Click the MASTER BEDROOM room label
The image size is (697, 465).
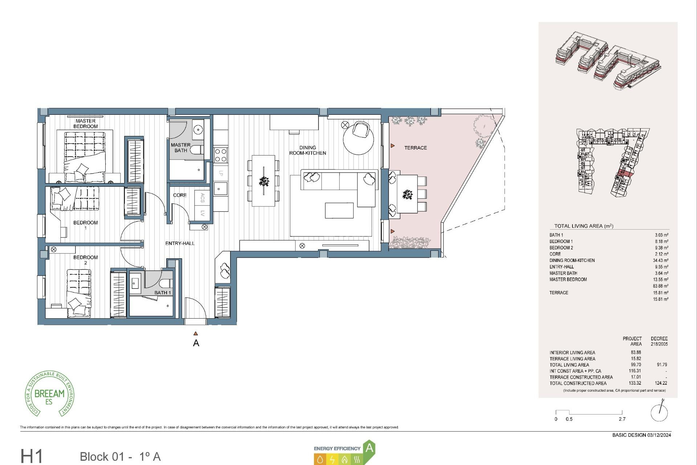click(85, 124)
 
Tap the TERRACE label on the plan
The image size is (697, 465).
click(415, 148)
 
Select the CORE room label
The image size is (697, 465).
click(180, 195)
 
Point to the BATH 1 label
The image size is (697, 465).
click(162, 292)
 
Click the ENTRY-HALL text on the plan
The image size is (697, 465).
click(180, 243)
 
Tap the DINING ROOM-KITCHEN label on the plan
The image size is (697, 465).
click(307, 150)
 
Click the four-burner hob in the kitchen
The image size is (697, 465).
click(221, 155)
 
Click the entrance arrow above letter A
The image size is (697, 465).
click(196, 333)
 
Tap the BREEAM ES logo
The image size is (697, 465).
click(49, 394)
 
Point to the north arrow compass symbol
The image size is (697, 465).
click(659, 412)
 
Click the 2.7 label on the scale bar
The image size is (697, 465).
click(622, 419)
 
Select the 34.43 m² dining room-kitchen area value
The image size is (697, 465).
click(660, 260)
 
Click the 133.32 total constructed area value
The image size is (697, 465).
click(635, 383)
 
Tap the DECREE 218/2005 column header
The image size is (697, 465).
click(659, 341)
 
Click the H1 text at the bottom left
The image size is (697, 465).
click(32, 456)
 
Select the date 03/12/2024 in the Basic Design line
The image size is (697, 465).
click(659, 435)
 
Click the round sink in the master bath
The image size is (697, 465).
click(198, 129)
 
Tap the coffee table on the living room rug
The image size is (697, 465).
click(339, 210)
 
